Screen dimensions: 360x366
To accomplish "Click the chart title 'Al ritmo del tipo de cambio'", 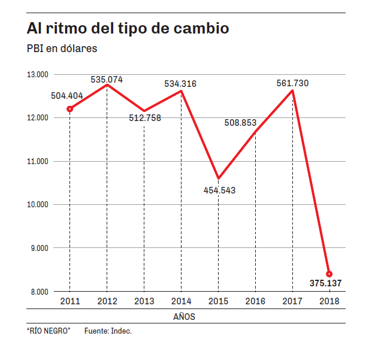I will point(128,29).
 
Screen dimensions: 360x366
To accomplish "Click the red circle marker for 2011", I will point(70,109).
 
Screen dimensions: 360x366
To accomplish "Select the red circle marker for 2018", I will point(329,274).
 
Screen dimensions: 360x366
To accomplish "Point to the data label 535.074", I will point(107,79).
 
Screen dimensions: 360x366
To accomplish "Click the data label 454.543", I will point(219,190).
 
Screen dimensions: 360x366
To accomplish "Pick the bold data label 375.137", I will point(326,283).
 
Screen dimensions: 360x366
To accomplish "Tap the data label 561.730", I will point(292,83).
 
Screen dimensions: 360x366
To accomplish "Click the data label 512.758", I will point(144,117).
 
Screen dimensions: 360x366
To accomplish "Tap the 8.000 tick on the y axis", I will point(38,292).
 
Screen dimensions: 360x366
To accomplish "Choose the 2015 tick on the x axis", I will point(218,301).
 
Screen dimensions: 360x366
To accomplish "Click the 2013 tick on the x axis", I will point(144,301).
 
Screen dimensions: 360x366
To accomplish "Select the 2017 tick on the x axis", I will point(292,301).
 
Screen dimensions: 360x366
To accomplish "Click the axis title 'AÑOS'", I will point(183,316).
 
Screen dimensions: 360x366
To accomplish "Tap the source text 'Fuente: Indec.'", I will point(107,331).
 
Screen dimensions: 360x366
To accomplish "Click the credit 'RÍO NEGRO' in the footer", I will point(49,331).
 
